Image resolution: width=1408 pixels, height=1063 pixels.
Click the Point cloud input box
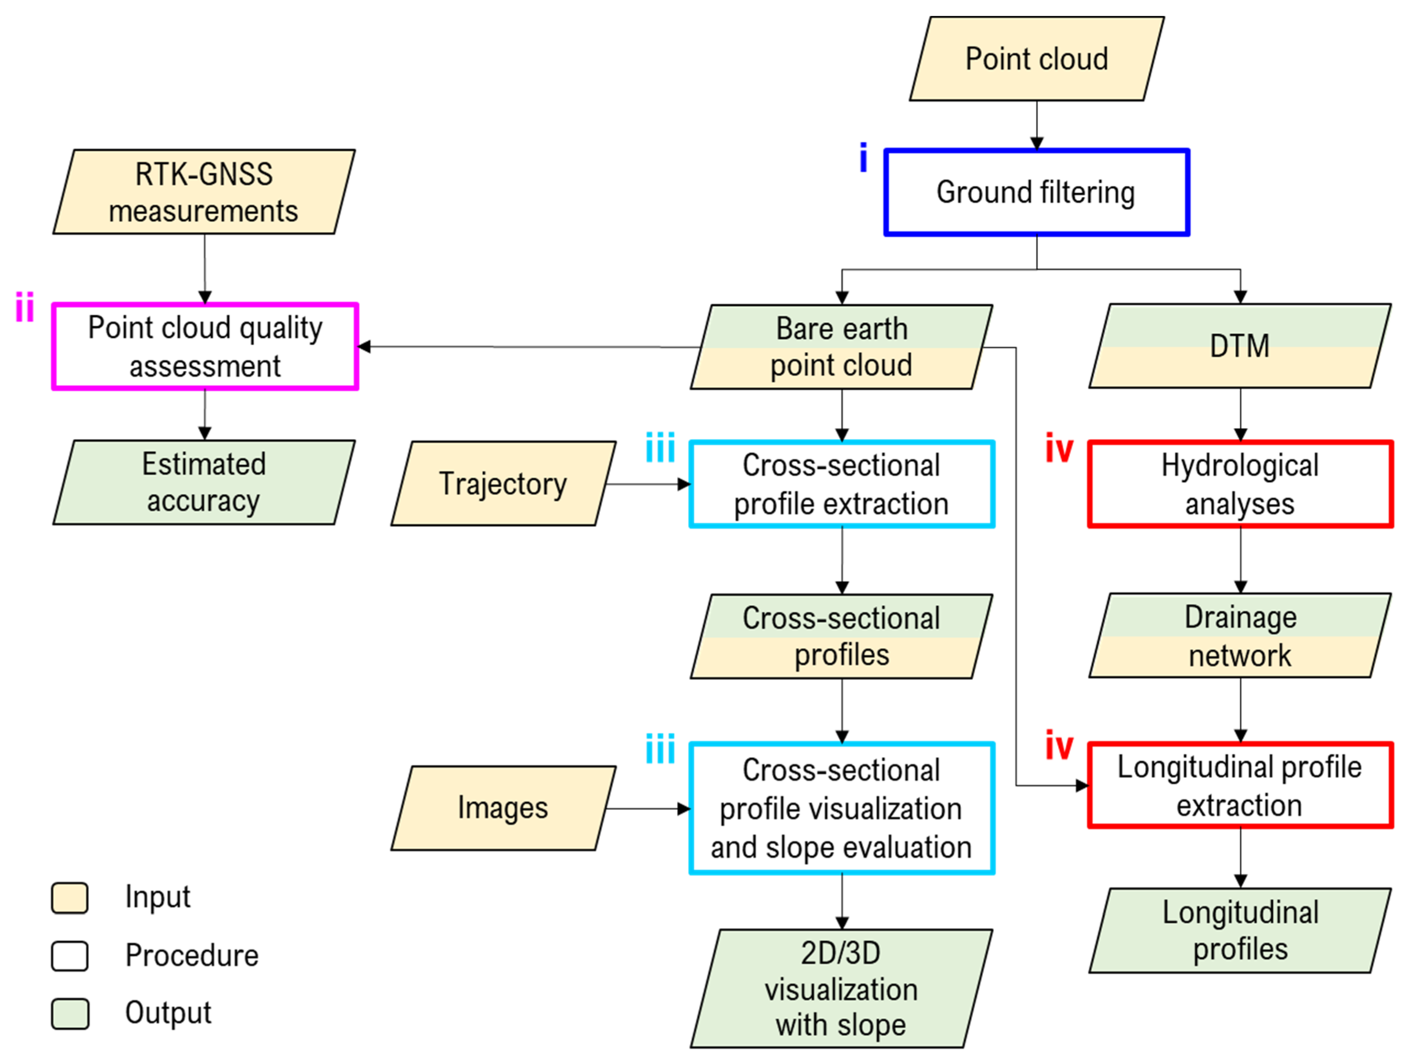pos(1036,59)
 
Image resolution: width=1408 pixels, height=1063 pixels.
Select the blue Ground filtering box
pos(1036,192)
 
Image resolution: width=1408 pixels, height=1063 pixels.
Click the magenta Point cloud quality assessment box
pos(205,346)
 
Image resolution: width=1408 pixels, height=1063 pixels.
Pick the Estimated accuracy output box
pos(204,482)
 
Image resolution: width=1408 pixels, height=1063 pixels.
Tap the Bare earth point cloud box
pos(842,347)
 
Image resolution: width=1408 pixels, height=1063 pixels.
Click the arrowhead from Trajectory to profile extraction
pos(684,484)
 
